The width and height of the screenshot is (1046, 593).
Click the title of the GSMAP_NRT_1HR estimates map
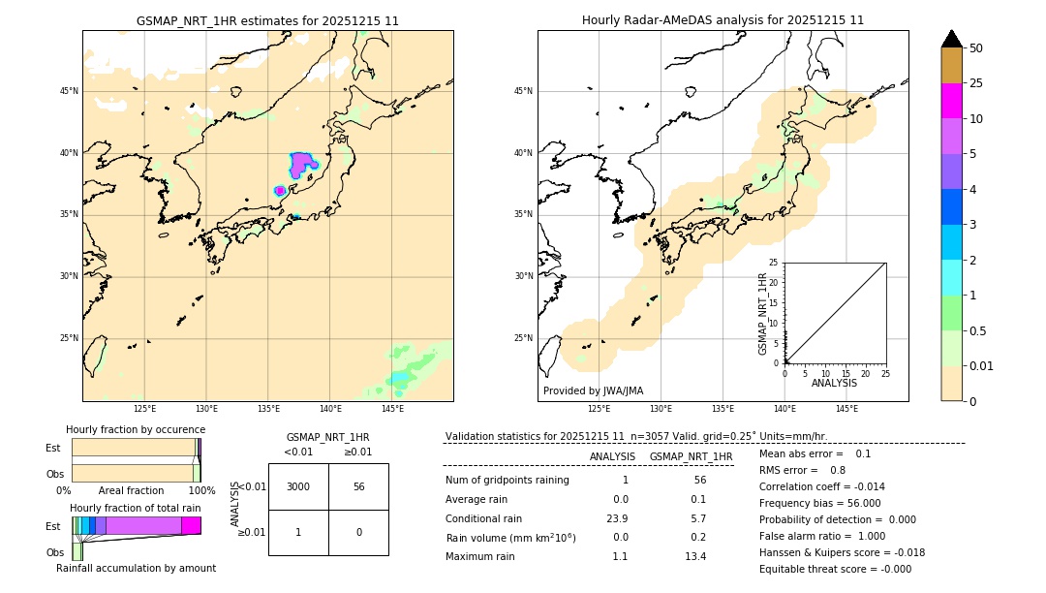[x=267, y=20]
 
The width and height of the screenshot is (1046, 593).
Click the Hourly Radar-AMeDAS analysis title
[x=723, y=20]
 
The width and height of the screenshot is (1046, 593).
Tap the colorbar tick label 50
[x=976, y=48]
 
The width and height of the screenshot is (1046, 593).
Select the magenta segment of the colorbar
[x=951, y=101]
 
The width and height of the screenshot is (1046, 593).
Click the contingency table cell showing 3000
[x=298, y=486]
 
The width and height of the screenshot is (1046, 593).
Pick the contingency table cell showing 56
[x=358, y=486]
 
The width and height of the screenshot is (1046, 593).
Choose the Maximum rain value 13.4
[x=695, y=556]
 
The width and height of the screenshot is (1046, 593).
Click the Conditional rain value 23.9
[x=620, y=518]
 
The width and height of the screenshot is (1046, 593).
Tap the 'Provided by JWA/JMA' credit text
[x=593, y=391]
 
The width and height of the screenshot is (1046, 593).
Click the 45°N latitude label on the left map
[x=69, y=91]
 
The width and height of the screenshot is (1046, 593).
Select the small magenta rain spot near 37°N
[x=280, y=191]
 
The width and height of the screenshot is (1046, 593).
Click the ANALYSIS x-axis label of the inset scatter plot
[x=834, y=383]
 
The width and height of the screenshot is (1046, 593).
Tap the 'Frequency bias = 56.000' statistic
[x=819, y=503]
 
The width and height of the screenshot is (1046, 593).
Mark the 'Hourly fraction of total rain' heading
[x=135, y=508]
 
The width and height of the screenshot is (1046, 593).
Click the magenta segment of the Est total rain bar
[x=191, y=525]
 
